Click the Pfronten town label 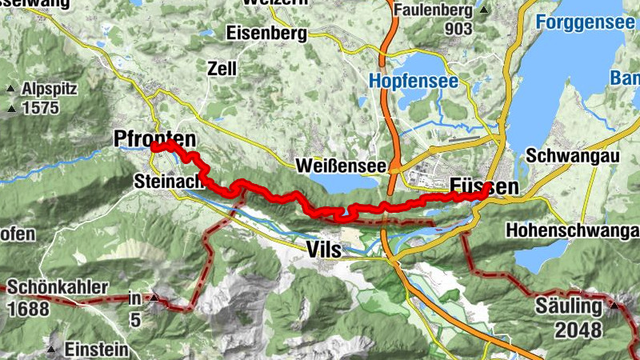coord(155,137)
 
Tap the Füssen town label coord(484,186)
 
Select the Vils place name coord(324,250)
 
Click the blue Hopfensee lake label coord(413,81)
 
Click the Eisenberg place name coord(266,34)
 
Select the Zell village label coord(222,68)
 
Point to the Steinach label coord(166,182)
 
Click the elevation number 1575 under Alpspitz coord(41,108)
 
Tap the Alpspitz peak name coord(50,89)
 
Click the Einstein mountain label coord(96,350)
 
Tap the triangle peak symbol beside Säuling coord(614,305)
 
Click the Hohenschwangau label coord(573,230)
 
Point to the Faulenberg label coord(436,10)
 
